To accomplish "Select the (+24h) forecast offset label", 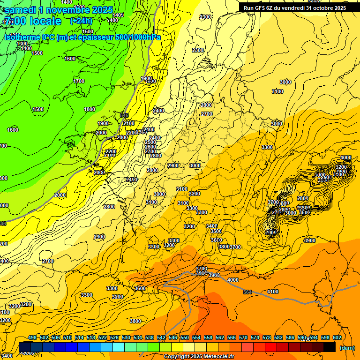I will (x=82, y=21).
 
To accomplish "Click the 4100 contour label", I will (x=272, y=292).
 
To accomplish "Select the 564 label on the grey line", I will (x=247, y=292).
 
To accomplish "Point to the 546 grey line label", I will (x=124, y=115).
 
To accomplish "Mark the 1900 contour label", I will (x=103, y=123).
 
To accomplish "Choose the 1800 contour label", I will (x=90, y=109).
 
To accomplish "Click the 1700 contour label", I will (x=79, y=81).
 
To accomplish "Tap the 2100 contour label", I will (x=128, y=123).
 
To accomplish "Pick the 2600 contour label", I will (x=150, y=147).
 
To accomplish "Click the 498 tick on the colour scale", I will (x=32, y=337).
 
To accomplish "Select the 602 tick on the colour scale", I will (x=337, y=337).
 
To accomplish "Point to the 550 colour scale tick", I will (x=185, y=337).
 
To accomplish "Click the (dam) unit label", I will (x=347, y=348).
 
